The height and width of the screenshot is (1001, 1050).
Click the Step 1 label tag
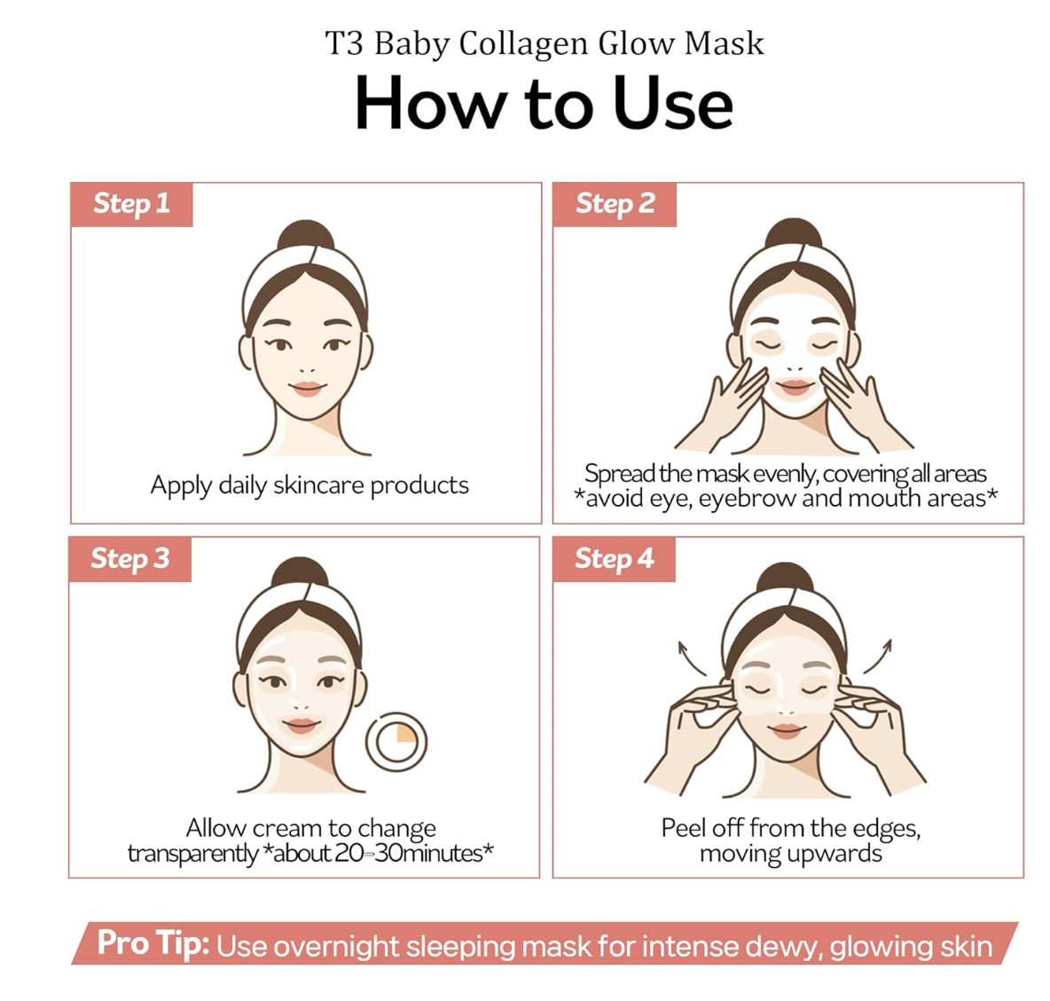pos(132,204)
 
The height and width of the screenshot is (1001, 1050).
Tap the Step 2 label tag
pos(615,204)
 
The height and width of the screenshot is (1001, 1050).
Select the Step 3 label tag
pos(129,559)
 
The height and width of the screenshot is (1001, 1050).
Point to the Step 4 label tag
pos(614,559)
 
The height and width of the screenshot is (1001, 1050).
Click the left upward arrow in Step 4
pos(690,658)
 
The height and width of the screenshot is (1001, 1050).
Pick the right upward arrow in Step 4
pos(879,657)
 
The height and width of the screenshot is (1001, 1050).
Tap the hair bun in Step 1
pos(306,235)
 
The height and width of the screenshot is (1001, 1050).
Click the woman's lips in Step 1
pos(308,389)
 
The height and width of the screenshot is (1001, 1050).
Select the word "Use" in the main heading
pos(673,105)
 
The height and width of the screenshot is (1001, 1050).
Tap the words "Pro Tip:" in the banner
pos(153,943)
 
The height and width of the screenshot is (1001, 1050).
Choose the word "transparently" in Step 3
pos(192,854)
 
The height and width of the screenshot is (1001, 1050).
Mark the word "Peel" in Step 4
pos(683,828)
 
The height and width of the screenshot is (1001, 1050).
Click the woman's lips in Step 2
pos(795,387)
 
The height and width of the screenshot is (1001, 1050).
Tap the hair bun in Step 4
pos(785,579)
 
